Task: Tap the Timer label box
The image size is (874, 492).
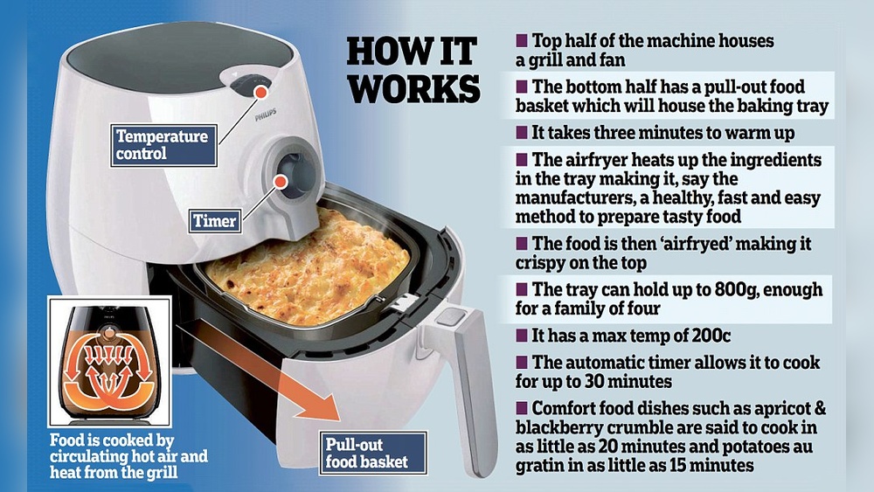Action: pyautogui.click(x=215, y=220)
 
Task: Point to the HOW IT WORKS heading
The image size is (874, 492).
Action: pyautogui.click(x=413, y=70)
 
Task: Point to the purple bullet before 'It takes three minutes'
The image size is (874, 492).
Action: pyautogui.click(x=521, y=133)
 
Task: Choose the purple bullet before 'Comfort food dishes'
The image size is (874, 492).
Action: pyautogui.click(x=521, y=408)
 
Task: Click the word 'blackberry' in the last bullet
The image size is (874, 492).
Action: pyautogui.click(x=555, y=428)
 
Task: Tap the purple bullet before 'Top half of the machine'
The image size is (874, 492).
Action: pyautogui.click(x=521, y=41)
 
